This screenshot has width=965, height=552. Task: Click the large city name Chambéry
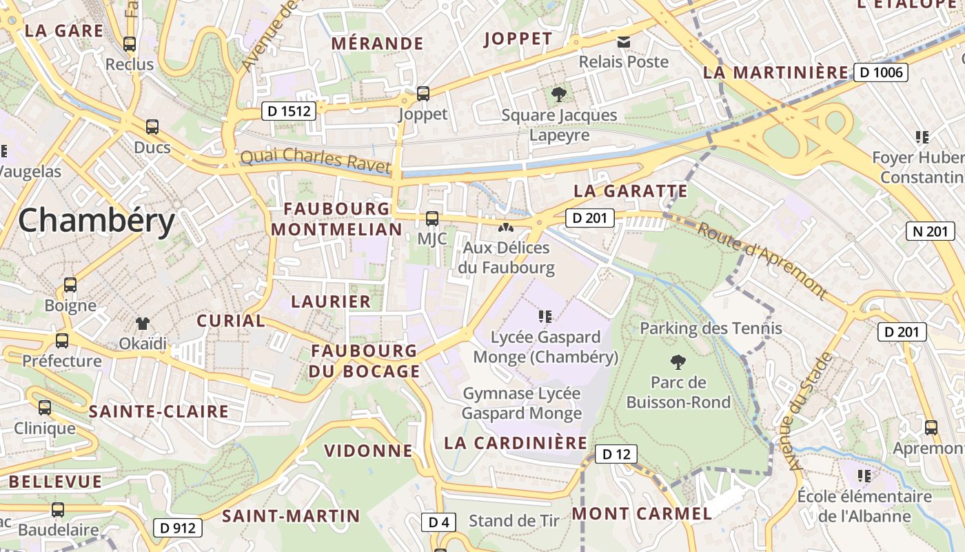(x=96, y=221)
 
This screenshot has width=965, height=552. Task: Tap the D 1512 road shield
(x=288, y=110)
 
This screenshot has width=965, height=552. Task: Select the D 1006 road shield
(x=881, y=72)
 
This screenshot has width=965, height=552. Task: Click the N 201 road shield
(x=931, y=231)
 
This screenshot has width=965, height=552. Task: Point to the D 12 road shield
(x=616, y=454)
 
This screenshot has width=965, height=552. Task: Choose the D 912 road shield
(x=178, y=528)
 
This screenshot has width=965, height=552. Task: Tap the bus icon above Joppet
(x=423, y=93)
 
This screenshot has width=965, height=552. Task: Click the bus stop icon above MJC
(x=432, y=219)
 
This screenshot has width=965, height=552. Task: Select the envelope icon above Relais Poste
(x=624, y=42)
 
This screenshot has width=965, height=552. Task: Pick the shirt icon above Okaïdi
(x=143, y=323)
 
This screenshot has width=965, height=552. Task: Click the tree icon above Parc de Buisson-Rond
(x=678, y=361)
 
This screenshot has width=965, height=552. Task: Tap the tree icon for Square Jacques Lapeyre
(x=559, y=94)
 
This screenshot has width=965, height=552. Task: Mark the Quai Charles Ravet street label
(x=315, y=160)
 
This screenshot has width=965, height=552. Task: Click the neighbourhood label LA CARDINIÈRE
(x=516, y=443)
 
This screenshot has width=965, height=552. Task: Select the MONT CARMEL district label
(x=642, y=513)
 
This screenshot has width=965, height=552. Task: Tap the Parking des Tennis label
(x=711, y=328)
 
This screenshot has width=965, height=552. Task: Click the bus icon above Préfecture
(x=62, y=340)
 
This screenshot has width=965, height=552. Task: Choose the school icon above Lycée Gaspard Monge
(x=545, y=317)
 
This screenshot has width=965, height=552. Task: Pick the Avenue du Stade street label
(x=811, y=412)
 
